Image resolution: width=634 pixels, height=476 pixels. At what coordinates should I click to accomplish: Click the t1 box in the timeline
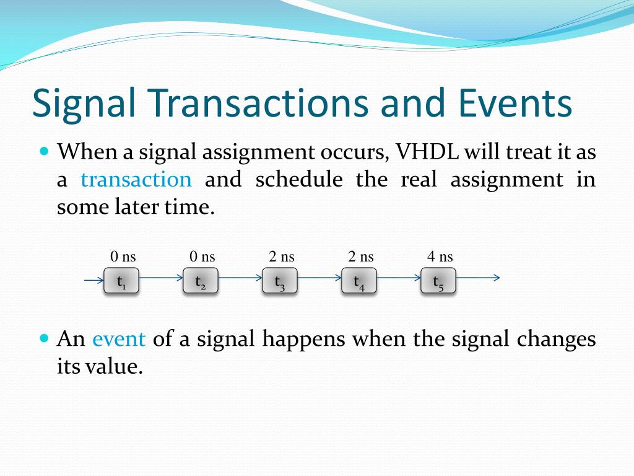(x=121, y=280)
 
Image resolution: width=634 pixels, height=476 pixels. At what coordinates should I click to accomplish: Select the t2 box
(x=201, y=280)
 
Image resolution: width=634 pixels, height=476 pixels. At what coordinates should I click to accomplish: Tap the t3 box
(x=280, y=280)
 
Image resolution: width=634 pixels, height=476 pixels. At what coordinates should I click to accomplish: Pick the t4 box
(x=359, y=280)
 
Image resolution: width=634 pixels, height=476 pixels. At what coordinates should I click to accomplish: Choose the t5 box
(x=438, y=280)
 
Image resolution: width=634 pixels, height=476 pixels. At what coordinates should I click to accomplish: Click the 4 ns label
(x=440, y=257)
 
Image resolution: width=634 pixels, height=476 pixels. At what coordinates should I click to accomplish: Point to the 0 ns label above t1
(x=123, y=257)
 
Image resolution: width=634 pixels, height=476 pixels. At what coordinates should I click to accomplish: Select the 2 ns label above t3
(x=282, y=257)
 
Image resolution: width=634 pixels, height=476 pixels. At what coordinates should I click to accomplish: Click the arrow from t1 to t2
(x=161, y=278)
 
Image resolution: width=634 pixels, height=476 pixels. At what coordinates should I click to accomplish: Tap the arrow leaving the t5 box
(x=478, y=278)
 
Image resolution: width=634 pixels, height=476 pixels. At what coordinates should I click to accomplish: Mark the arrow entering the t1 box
(x=94, y=280)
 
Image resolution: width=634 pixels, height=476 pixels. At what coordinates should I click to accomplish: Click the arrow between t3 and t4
(x=319, y=278)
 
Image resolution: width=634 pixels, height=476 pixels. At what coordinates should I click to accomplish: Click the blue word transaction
(x=136, y=179)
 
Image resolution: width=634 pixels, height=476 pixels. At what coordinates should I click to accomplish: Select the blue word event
(x=119, y=339)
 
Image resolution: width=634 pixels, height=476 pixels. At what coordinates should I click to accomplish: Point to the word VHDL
(x=427, y=152)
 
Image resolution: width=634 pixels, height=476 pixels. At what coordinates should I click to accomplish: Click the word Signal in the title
(x=84, y=103)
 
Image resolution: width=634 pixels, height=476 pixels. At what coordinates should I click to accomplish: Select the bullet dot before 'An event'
(x=45, y=338)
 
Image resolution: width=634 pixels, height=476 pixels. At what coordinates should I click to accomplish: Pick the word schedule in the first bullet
(x=299, y=179)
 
